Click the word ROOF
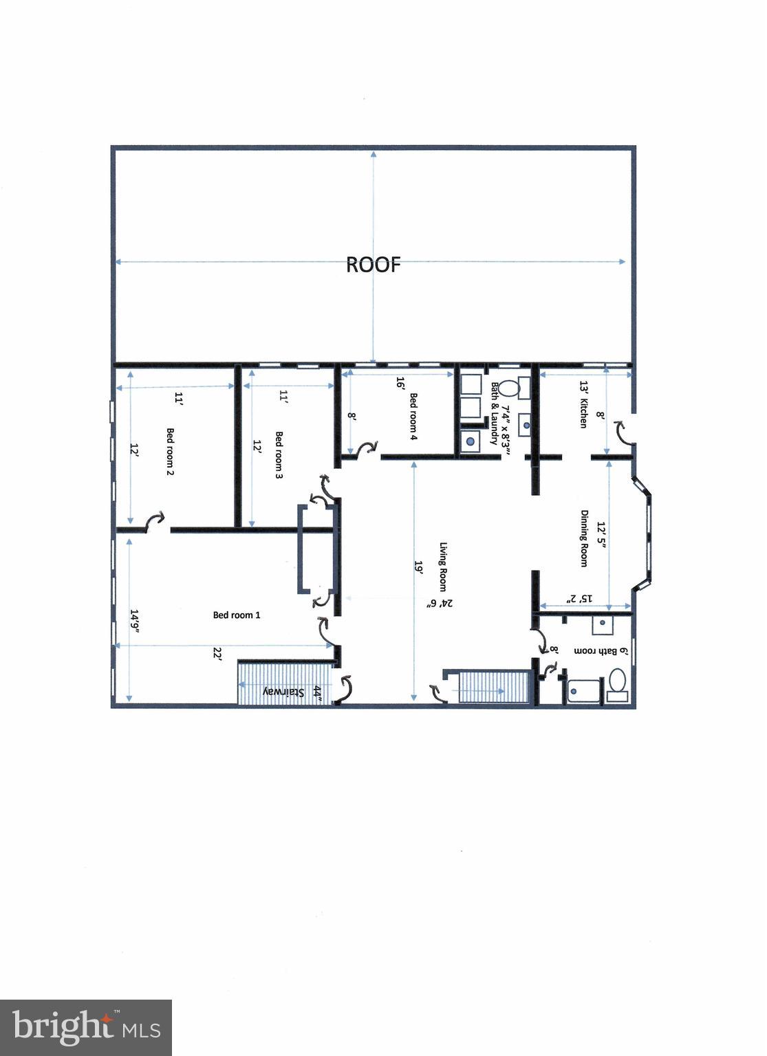point(372,265)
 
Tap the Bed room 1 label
point(236,615)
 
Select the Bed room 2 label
point(170,452)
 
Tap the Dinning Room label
point(584,538)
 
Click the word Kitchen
point(583,413)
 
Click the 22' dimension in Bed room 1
point(217,656)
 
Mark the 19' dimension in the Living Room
point(418,566)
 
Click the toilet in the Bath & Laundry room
point(507,388)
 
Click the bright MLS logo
point(86,1027)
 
